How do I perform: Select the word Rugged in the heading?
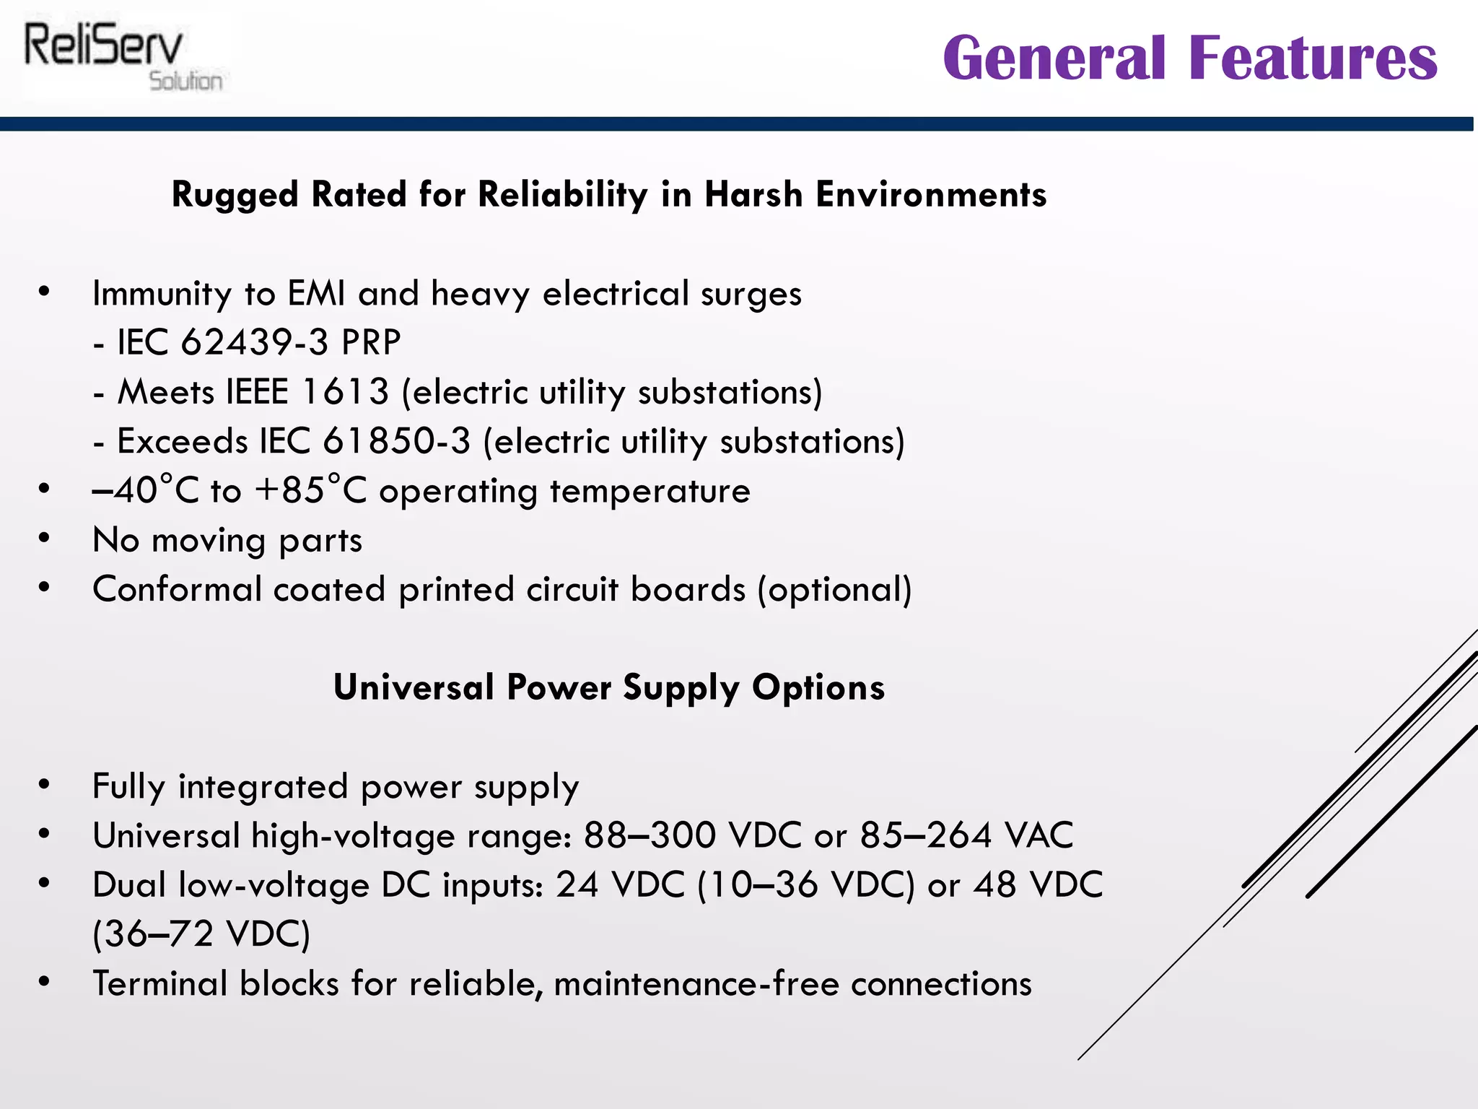(235, 196)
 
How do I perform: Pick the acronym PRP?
(371, 342)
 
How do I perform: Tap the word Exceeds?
(182, 441)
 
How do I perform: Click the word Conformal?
(177, 589)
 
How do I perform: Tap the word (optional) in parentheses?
(834, 590)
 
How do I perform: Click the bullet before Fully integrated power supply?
(45, 785)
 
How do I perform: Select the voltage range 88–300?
(650, 835)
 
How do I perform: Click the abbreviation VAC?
(1038, 835)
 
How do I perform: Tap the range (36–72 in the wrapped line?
(153, 934)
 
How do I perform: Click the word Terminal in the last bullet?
(160, 984)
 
